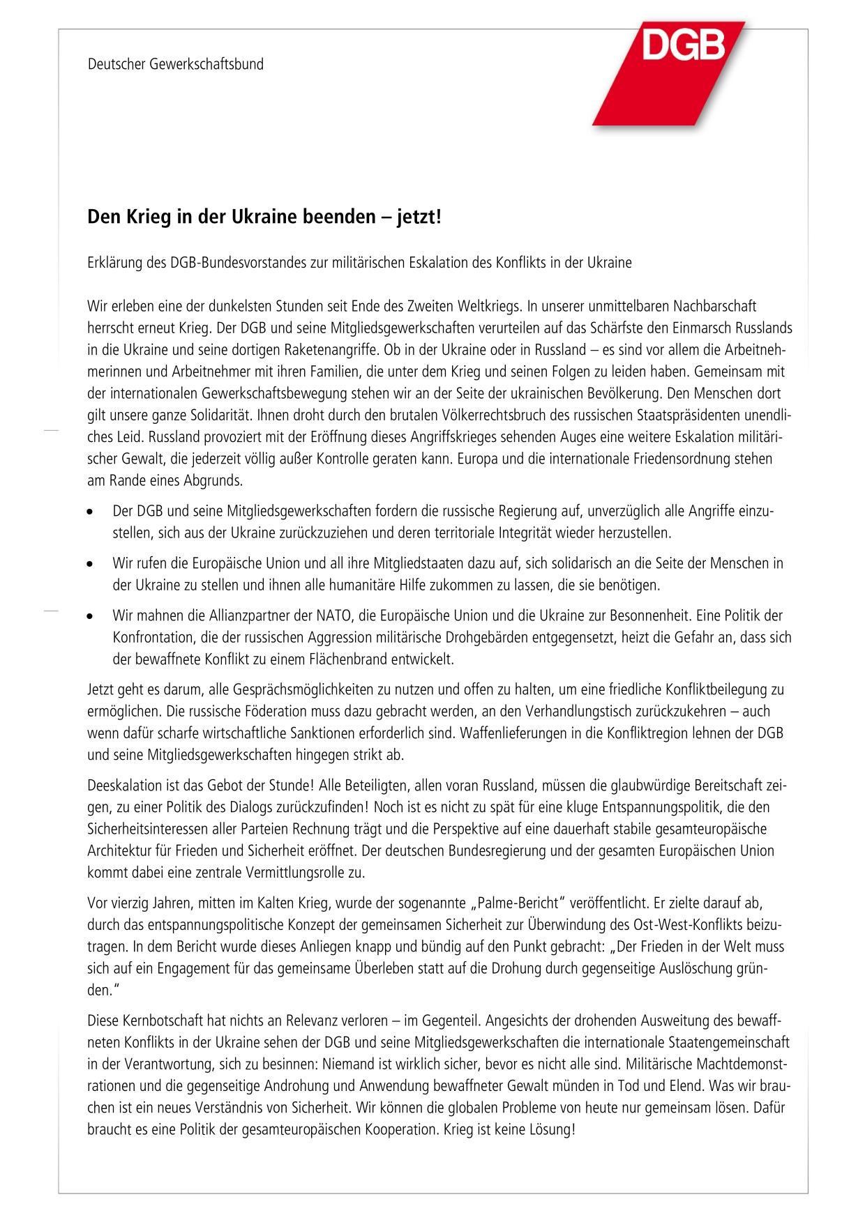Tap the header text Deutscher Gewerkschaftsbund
tap(176, 65)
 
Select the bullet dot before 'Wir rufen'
tap(91, 563)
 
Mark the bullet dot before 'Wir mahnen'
tap(91, 617)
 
